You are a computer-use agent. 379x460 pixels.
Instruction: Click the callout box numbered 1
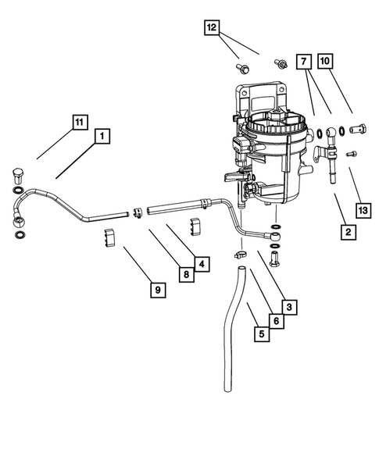coord(102,137)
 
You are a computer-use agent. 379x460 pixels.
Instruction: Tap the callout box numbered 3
coord(289,308)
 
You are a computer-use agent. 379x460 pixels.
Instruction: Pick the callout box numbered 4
coord(202,264)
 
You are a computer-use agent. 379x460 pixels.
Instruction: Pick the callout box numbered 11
coord(79,122)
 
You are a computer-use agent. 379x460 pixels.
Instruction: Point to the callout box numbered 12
coord(211,27)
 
